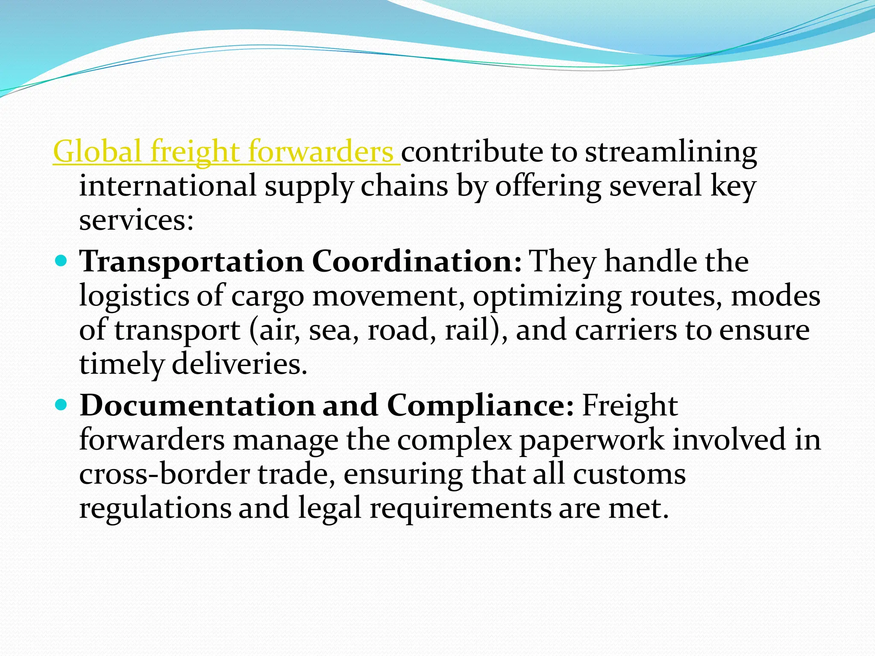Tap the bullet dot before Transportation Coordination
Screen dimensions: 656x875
62,260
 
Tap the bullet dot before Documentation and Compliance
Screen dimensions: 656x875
62,404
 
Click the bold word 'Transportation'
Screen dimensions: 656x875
191,261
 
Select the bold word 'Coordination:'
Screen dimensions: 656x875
417,261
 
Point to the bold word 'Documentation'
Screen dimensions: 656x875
197,405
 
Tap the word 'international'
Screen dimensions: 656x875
168,186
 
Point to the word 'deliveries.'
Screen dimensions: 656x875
239,364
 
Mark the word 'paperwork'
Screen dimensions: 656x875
592,440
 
